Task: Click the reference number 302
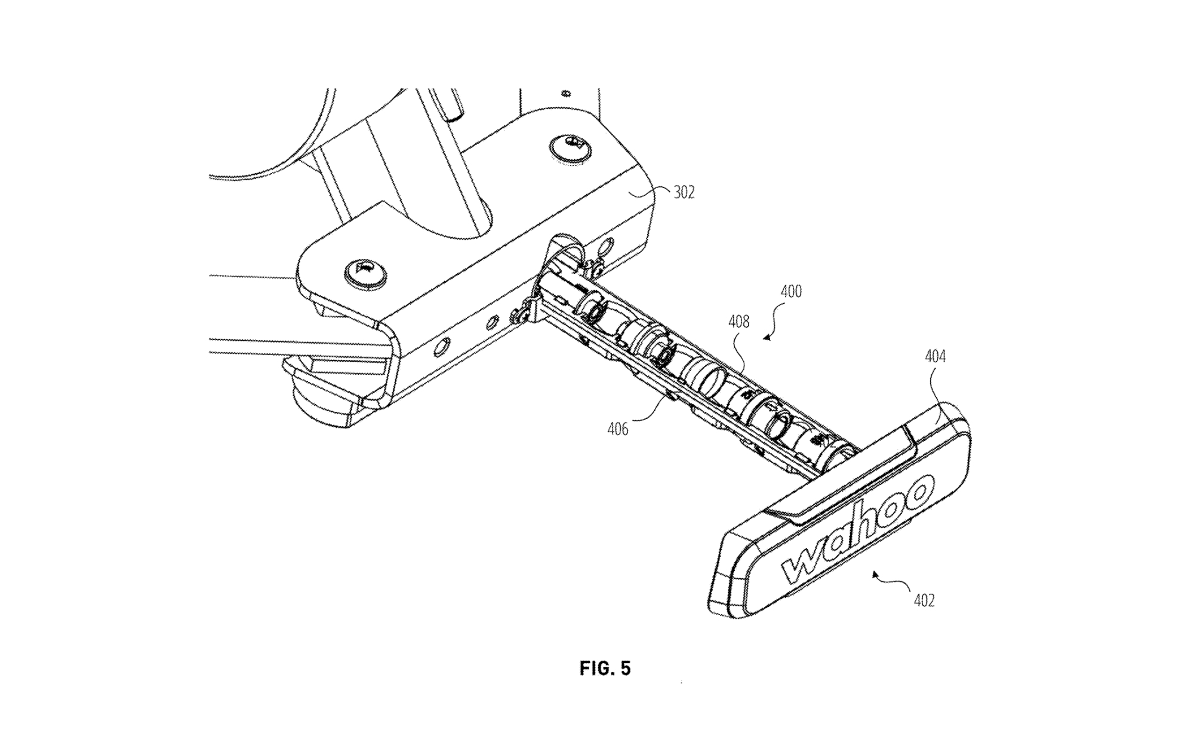(684, 193)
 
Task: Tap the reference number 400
(791, 292)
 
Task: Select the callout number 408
(738, 322)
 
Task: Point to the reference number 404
(935, 357)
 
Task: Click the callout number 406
(618, 429)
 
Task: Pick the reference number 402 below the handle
(924, 600)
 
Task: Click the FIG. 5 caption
(605, 668)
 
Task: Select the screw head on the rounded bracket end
(365, 275)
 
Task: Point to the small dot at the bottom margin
(681, 683)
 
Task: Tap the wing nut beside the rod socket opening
(593, 269)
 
